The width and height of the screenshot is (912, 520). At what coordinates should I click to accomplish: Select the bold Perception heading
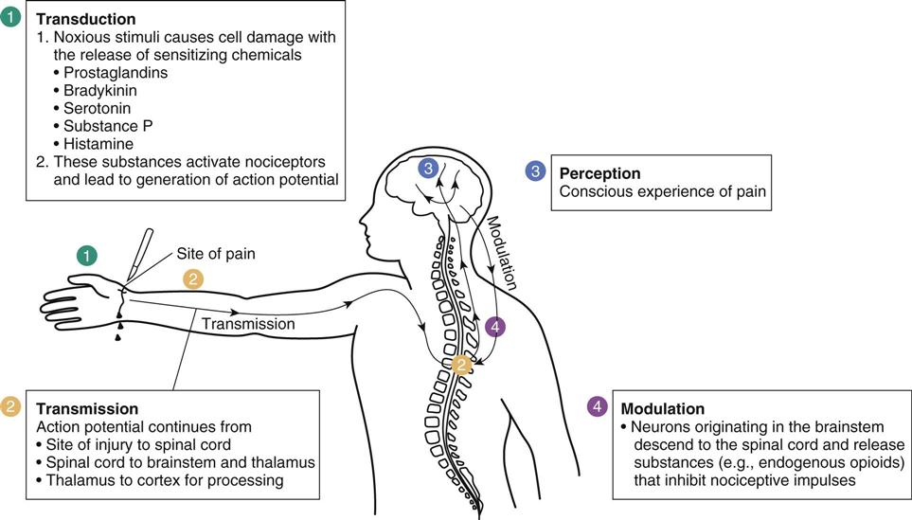coord(599,173)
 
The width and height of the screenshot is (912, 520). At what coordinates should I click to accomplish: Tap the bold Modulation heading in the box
coord(662,409)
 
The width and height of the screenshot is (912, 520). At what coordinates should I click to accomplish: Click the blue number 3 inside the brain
coord(429,169)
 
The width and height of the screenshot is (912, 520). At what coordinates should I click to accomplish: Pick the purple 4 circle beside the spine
coord(494,327)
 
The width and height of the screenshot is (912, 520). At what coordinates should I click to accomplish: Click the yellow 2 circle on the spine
coord(462,365)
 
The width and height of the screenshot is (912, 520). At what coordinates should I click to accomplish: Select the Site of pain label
coord(216,254)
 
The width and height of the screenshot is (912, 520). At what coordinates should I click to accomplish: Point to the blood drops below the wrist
coord(119,326)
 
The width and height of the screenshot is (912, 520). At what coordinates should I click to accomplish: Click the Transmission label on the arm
coord(249,323)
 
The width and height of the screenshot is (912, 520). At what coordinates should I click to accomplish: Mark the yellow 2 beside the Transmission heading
coord(11,406)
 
